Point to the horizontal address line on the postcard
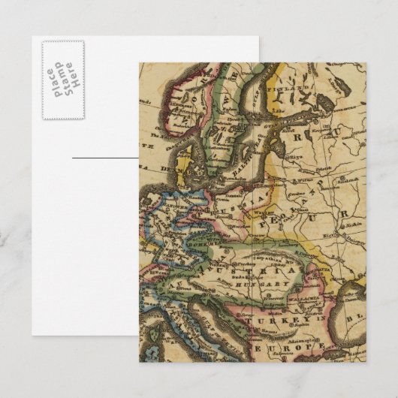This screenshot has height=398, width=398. click(105, 158)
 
